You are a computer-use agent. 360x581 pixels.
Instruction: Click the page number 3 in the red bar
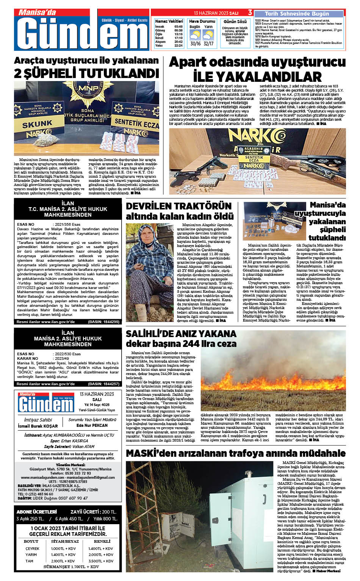(x=250, y=13)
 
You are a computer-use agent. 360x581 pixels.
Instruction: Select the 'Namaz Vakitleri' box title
(x=169, y=21)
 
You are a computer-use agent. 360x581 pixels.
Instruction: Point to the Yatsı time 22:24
(x=178, y=45)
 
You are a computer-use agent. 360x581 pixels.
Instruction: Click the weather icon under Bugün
(x=195, y=35)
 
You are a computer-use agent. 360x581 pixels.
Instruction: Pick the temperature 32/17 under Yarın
(x=208, y=44)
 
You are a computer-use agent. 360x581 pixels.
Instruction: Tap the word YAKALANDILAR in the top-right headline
(x=257, y=77)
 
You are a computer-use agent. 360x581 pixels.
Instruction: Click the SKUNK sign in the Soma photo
(x=37, y=124)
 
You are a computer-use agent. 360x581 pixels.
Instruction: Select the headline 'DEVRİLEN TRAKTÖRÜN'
(x=178, y=206)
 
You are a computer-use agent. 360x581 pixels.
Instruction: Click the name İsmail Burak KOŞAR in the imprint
(x=38, y=426)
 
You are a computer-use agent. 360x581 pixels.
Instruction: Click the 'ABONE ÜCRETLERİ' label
(x=36, y=512)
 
